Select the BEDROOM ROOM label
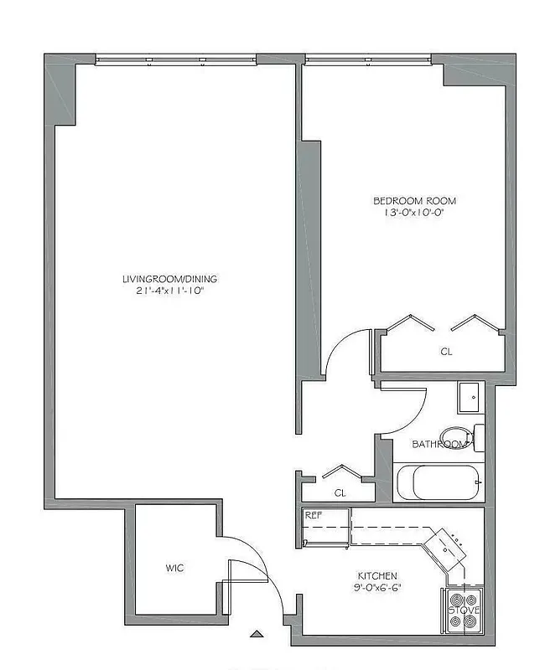(x=414, y=201)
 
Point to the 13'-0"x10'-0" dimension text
(x=414, y=213)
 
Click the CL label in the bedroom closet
(x=446, y=353)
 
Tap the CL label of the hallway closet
(x=340, y=493)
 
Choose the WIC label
(x=174, y=569)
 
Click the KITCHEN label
(x=377, y=576)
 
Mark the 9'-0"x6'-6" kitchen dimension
(x=377, y=588)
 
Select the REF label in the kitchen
(x=314, y=515)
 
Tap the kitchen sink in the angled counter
(x=447, y=547)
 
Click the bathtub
(x=439, y=482)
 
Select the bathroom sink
(x=470, y=396)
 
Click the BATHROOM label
(x=440, y=444)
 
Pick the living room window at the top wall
(x=175, y=59)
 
